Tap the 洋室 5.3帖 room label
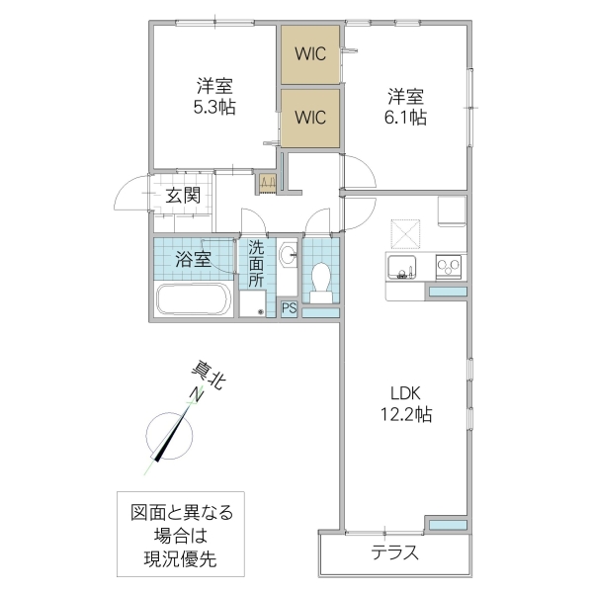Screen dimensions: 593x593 [213, 95]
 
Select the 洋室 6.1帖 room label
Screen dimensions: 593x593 [405, 106]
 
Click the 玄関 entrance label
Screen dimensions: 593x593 [183, 195]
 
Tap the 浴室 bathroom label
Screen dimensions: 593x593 [193, 260]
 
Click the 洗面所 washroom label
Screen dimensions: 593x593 [256, 264]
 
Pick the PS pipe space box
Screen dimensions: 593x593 [289, 308]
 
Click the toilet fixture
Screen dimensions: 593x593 [320, 279]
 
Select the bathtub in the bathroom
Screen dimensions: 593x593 [194, 298]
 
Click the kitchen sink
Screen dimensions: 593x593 [401, 266]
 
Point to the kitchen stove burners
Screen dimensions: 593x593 [447, 266]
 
